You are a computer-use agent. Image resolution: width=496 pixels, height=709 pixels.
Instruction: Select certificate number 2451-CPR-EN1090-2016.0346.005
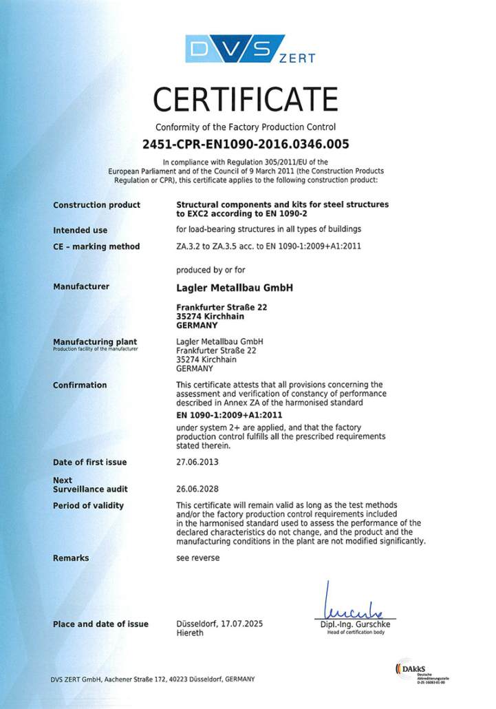point(246,145)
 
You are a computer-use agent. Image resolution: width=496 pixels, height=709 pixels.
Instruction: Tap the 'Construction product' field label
point(96,205)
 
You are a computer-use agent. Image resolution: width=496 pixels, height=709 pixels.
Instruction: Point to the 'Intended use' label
point(80,231)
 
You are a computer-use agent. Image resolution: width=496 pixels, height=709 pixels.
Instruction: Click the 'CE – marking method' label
point(96,246)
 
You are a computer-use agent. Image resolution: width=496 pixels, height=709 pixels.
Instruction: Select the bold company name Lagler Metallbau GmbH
point(235,288)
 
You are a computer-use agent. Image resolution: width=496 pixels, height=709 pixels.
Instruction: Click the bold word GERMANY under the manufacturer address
point(197,325)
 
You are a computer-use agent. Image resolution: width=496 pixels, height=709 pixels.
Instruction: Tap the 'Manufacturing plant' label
point(94,341)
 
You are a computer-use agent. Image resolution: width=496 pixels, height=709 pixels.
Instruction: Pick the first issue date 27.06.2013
point(198,462)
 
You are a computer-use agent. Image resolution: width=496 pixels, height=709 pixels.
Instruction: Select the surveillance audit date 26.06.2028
point(198,489)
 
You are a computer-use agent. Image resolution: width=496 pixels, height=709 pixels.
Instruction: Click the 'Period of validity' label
point(88,505)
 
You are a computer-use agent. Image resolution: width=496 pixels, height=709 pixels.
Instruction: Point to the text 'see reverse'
point(198,558)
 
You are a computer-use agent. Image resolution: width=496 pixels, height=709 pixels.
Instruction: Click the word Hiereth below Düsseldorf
point(190,633)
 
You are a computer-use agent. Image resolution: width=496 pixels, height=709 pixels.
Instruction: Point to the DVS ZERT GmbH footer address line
point(152,679)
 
